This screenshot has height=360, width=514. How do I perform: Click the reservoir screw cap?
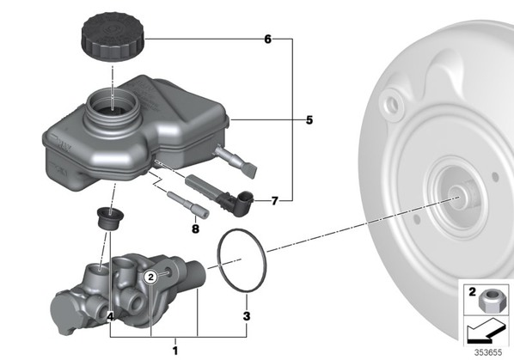(113, 36)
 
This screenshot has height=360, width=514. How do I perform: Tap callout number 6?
(268, 40)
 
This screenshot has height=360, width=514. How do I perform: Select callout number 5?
(309, 120)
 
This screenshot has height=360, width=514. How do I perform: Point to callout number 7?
(274, 200)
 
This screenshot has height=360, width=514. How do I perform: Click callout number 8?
(195, 229)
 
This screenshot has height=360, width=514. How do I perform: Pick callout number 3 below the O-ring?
(247, 316)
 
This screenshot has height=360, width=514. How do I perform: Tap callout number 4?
(111, 316)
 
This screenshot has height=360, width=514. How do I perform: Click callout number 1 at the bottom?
(175, 351)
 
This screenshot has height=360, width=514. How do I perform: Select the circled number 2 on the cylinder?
(150, 278)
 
